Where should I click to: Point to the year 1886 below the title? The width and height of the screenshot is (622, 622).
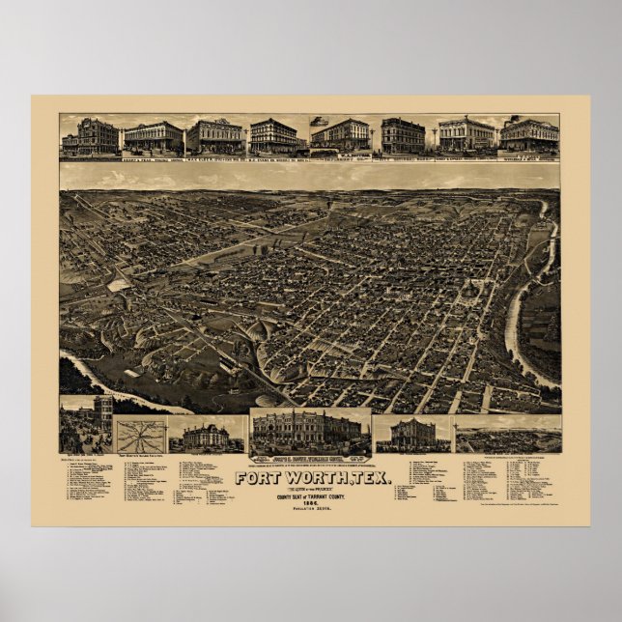pyautogui.click(x=311, y=502)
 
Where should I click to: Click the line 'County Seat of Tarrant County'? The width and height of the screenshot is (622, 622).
pyautogui.click(x=311, y=495)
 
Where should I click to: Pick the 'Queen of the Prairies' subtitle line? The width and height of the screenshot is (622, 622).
pyautogui.click(x=311, y=488)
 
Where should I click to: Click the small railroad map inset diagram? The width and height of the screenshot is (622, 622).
pyautogui.click(x=140, y=435)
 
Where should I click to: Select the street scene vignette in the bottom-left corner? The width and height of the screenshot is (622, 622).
pyautogui.click(x=86, y=425)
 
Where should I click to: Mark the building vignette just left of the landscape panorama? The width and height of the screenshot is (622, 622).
pyautogui.click(x=412, y=435)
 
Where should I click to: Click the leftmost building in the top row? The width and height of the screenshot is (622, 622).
pyautogui.click(x=91, y=137)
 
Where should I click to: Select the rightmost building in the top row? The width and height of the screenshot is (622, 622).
pyautogui.click(x=529, y=135)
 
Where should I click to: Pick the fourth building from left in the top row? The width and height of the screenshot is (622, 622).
pyautogui.click(x=274, y=137)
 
